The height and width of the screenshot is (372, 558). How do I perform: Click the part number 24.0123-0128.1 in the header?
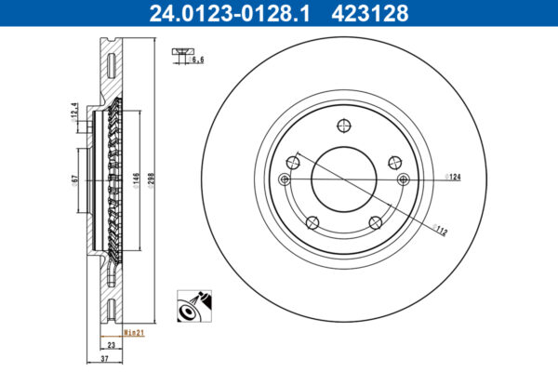(x=230, y=14)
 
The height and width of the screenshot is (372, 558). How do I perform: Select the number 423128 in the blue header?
(x=370, y=14)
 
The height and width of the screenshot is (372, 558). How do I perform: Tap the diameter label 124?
(x=453, y=177)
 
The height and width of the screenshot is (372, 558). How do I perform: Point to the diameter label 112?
(x=440, y=231)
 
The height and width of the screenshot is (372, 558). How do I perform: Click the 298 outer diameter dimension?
(x=151, y=180)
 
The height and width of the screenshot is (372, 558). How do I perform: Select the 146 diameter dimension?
(x=137, y=180)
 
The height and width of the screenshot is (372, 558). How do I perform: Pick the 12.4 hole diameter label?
(x=74, y=113)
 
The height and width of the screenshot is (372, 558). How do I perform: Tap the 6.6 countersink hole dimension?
(x=196, y=60)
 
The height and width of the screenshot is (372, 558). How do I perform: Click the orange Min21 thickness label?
(x=134, y=333)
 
